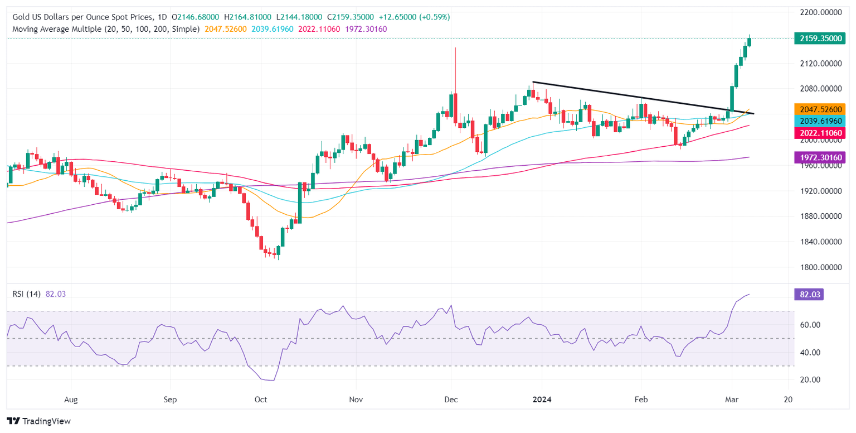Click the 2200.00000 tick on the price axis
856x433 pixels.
coord(821,12)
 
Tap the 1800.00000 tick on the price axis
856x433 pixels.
coord(821,267)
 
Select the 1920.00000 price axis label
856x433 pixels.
coord(821,191)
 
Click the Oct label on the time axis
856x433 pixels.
coord(261,400)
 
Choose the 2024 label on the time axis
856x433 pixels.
coord(542,400)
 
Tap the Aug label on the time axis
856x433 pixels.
coord(71,400)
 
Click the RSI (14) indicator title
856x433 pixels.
coord(26,294)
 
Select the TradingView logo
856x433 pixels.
coord(38,421)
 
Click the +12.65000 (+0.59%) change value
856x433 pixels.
coord(414,17)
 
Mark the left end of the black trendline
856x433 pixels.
coord(533,82)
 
